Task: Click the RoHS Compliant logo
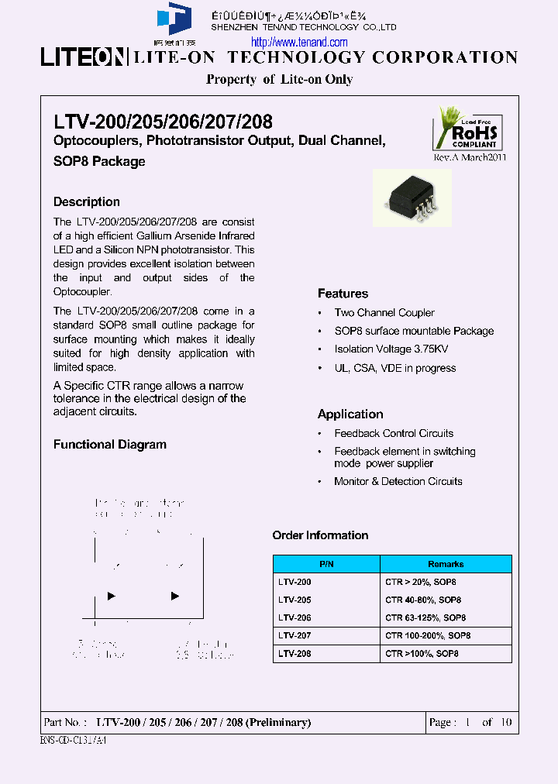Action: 467,128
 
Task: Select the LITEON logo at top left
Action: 82,58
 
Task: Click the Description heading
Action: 86,202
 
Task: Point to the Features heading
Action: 343,294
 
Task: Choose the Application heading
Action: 350,414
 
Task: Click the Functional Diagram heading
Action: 109,445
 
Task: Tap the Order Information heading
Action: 320,535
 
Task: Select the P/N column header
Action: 326,565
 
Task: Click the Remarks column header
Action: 446,565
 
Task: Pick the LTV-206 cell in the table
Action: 294,617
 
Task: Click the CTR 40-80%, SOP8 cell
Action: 423,600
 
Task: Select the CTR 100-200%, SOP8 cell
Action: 428,635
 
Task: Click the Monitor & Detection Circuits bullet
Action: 398,482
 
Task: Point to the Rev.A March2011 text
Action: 470,157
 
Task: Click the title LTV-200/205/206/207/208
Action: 163,122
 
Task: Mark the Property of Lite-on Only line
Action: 279,79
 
